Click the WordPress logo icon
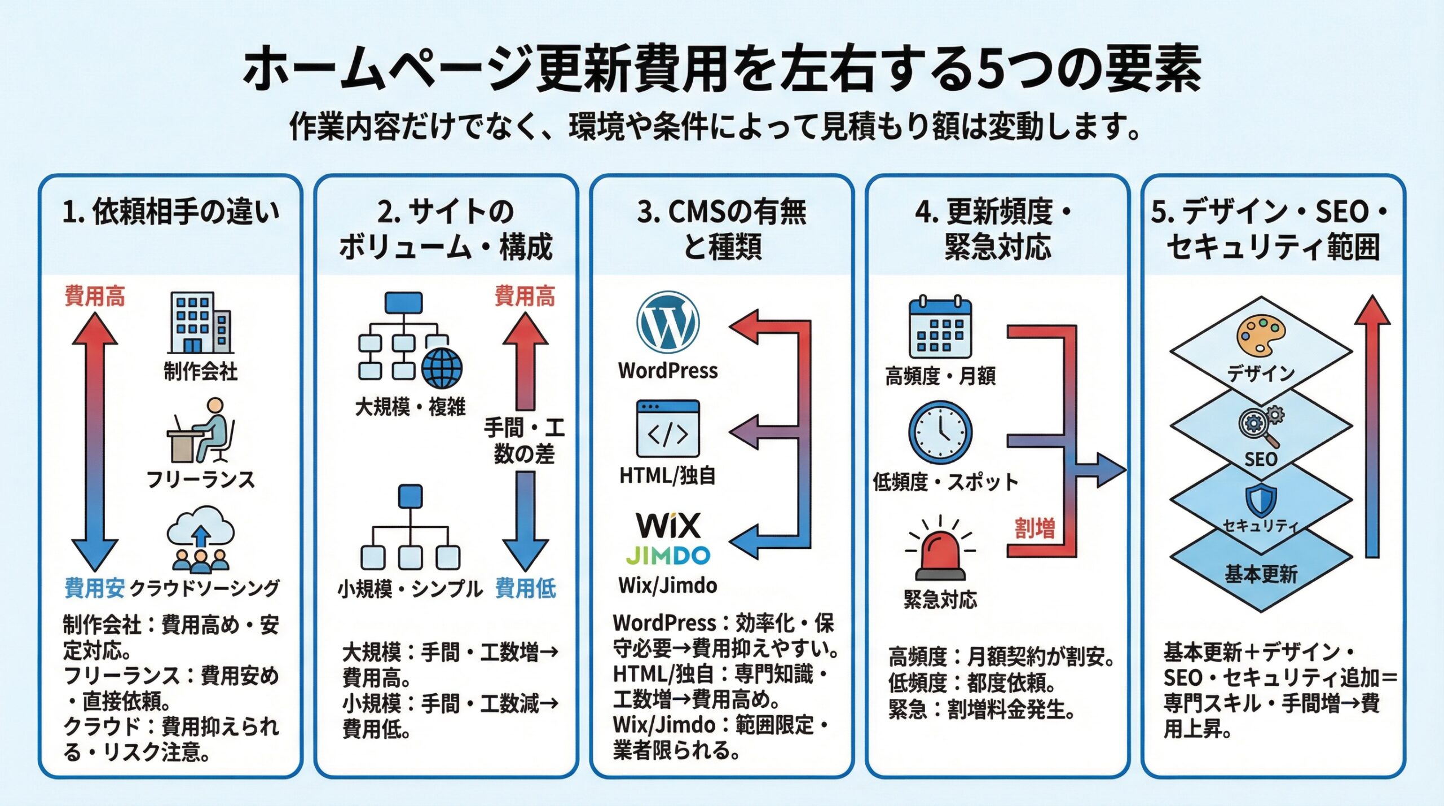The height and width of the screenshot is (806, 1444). tap(668, 322)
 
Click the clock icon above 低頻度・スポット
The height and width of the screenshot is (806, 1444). tap(940, 432)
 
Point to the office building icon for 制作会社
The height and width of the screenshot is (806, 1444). tap(200, 323)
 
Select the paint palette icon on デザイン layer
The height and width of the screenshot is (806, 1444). tap(1260, 336)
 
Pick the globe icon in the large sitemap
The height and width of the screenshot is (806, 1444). tap(442, 368)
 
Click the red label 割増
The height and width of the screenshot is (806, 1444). tap(1034, 528)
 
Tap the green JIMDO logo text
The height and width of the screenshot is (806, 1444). tap(668, 556)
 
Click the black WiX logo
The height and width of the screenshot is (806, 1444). tap(668, 525)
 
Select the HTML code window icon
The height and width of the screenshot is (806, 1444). tap(668, 429)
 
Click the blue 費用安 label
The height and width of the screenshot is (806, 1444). tap(94, 588)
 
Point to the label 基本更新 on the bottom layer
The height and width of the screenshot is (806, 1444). tap(1261, 574)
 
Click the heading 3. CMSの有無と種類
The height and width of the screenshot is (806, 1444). tap(722, 229)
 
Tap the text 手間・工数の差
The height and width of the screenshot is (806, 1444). tap(524, 441)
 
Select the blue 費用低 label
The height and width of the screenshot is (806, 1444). tap(525, 588)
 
